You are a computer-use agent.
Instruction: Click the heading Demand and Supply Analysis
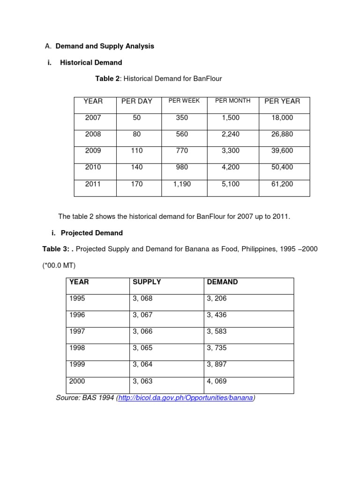(105, 46)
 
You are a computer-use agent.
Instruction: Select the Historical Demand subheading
(91, 62)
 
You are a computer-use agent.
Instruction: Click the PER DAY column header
(137, 101)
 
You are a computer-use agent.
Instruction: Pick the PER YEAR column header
(282, 101)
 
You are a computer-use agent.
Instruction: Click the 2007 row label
(93, 118)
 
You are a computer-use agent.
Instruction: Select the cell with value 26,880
(282, 134)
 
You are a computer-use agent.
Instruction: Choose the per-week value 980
(182, 167)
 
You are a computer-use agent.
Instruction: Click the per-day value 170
(137, 184)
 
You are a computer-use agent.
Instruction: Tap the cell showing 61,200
(282, 184)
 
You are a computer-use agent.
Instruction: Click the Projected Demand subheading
(92, 233)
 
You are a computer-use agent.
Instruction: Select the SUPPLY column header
(147, 282)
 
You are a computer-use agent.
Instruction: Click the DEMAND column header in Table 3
(222, 282)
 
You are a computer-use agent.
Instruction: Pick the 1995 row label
(77, 298)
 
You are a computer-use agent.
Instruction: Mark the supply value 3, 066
(142, 331)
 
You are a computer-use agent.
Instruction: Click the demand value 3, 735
(217, 348)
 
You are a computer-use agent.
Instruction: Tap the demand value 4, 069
(217, 381)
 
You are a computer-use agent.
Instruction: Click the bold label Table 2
(107, 79)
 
